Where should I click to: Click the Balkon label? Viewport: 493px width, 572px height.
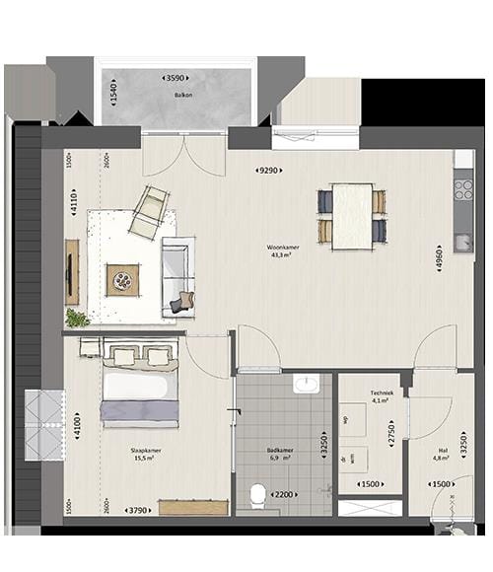click(182, 96)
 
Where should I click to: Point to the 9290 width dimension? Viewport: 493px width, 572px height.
click(271, 172)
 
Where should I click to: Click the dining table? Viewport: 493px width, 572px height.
click(352, 216)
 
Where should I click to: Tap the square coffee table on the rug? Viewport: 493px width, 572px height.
click(123, 279)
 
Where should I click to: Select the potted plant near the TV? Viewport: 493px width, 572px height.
click(77, 318)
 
